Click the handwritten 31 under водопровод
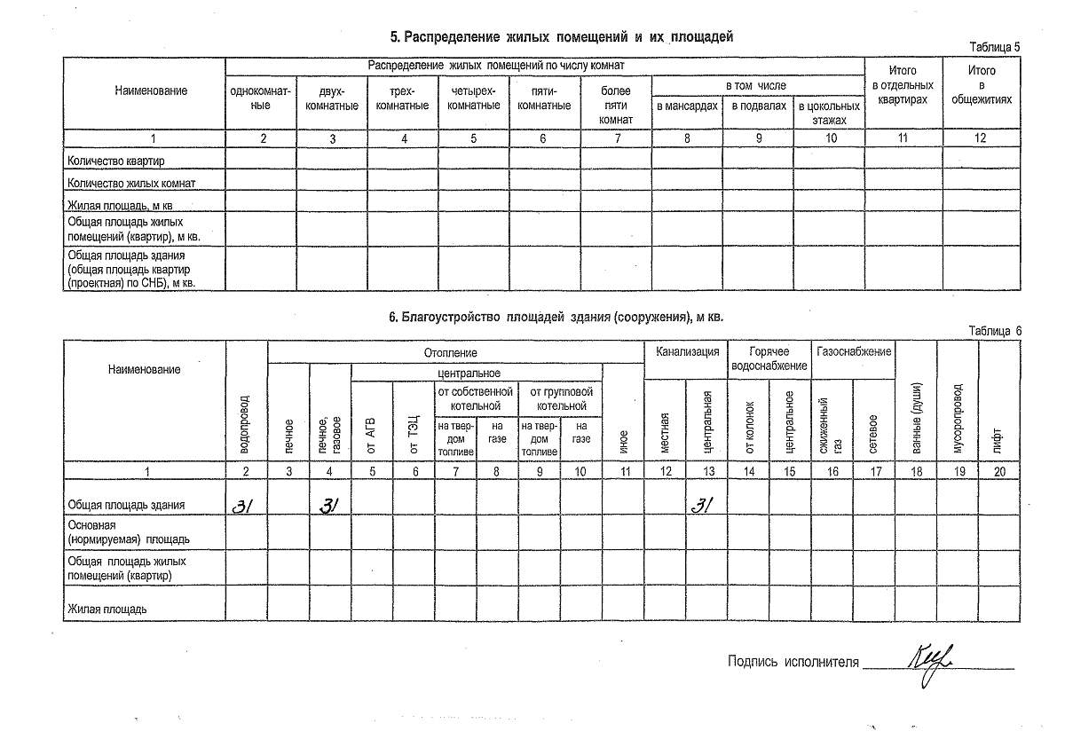click(243, 506)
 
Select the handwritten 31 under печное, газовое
click(329, 506)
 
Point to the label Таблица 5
click(995, 47)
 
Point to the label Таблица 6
click(995, 331)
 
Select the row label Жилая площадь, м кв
click(120, 205)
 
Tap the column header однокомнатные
click(260, 98)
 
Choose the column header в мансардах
click(686, 106)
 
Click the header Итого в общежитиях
click(981, 85)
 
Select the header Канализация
click(687, 352)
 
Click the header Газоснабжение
click(853, 352)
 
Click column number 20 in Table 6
click(999, 472)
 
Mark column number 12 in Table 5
click(981, 138)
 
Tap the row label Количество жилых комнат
click(131, 183)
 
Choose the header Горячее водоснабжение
click(769, 358)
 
